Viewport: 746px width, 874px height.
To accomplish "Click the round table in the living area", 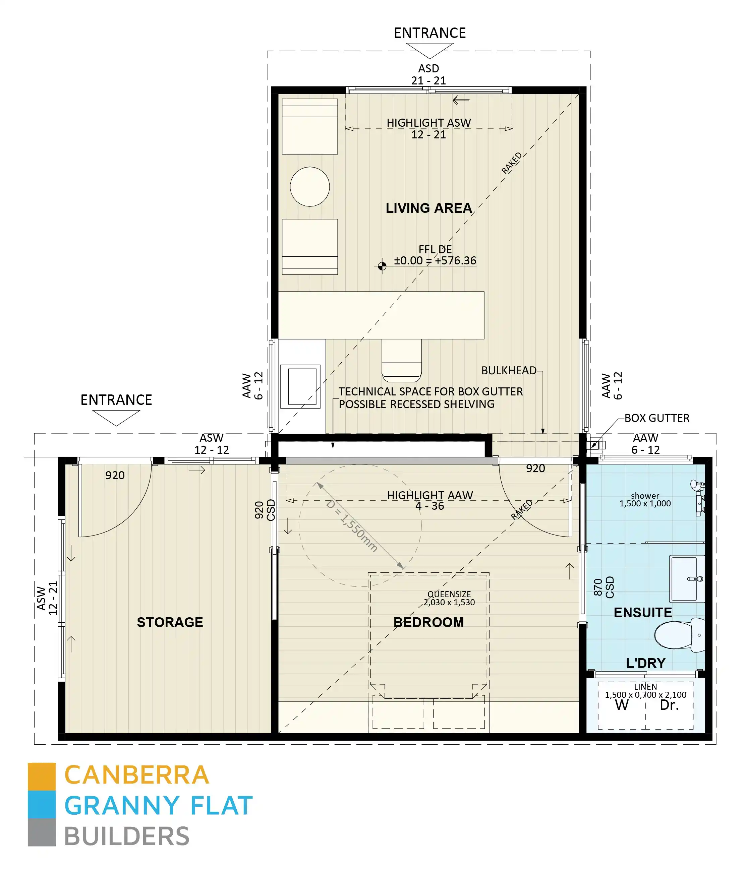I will [x=310, y=186].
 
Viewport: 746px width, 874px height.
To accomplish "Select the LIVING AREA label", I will [x=429, y=208].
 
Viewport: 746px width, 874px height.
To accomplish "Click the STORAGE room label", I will [x=170, y=622].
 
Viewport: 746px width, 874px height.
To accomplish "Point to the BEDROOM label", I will [x=428, y=622].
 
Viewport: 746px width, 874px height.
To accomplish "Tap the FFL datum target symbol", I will [x=382, y=266].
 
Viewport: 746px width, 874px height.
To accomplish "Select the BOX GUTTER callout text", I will [x=656, y=418].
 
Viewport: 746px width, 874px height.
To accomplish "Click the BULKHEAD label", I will [x=508, y=370].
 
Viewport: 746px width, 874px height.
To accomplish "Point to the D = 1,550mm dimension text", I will [x=351, y=525].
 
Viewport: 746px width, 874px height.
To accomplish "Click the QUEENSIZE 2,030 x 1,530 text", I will [x=449, y=598].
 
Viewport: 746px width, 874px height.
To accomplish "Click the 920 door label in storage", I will [x=115, y=476].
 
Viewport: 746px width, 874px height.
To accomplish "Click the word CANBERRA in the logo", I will [x=137, y=775].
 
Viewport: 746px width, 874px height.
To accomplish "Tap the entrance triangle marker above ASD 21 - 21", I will [x=429, y=51].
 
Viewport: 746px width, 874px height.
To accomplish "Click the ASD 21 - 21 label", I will [x=428, y=74].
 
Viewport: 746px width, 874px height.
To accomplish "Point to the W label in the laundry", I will [x=622, y=704].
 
